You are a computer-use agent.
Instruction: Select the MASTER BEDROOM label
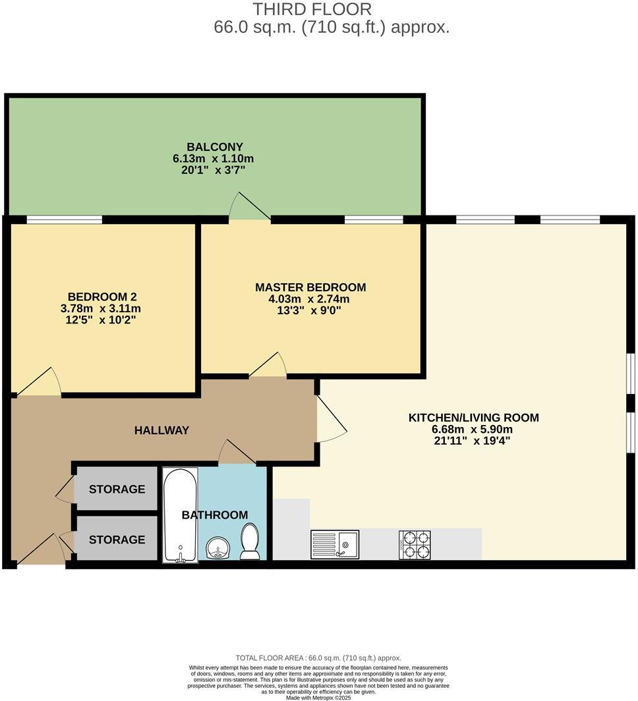coord(310,287)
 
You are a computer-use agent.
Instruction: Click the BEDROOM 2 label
coord(102,297)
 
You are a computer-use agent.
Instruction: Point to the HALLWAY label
coord(161,430)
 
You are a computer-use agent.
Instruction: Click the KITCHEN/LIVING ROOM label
coord(473,417)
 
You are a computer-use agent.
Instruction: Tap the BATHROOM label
coord(215,515)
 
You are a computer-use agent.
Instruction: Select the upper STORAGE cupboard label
coord(117,489)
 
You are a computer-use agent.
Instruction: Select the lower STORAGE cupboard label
coord(117,540)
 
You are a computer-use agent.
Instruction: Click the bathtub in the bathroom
coord(180,515)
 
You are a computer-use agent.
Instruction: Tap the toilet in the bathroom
coord(250,541)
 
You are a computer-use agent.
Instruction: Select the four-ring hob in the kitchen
coord(415,545)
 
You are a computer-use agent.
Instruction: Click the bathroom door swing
coord(235,453)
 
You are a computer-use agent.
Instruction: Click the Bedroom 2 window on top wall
coord(64,219)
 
